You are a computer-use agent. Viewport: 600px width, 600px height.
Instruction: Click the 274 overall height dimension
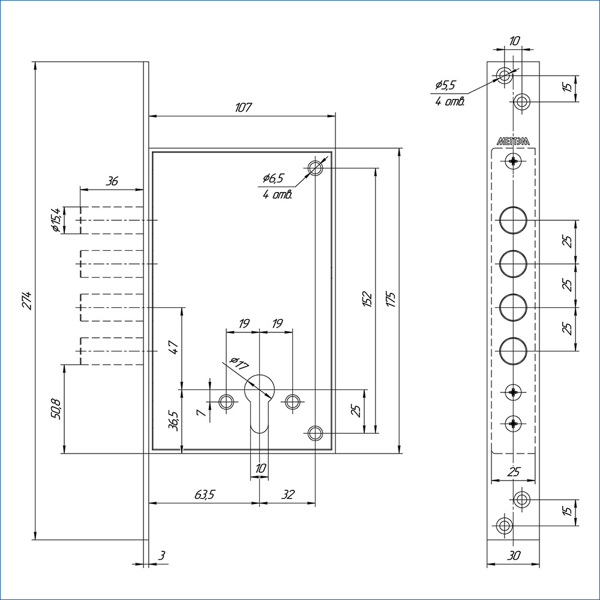pos(26,300)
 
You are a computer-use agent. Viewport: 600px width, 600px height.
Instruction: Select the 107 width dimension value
pos(242,108)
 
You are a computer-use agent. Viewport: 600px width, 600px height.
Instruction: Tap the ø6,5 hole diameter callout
pos(273,178)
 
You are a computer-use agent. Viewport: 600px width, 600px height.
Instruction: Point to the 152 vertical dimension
pos(368,298)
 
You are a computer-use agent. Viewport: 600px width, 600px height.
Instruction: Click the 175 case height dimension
pos(391,298)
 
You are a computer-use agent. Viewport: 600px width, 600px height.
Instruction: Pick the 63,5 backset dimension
pos(205,495)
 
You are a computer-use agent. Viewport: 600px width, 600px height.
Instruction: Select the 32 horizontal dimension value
pos(288,495)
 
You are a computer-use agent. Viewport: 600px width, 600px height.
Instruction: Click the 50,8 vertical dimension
pos(56,409)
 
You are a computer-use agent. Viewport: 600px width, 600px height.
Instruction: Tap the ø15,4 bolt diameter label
pos(55,220)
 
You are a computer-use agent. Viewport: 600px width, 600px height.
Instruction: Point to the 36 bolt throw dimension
pos(112,181)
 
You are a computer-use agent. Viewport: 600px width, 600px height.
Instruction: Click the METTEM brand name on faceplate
pos(513,142)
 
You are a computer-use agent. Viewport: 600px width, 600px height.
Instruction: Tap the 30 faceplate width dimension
pos(514,556)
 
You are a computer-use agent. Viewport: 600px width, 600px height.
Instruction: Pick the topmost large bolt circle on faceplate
pos(513,220)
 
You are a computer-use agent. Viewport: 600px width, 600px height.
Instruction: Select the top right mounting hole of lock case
pos(315,169)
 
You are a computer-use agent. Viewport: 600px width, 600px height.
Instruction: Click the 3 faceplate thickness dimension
pos(161,556)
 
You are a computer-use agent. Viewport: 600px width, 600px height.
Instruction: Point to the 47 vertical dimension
pos(173,347)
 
